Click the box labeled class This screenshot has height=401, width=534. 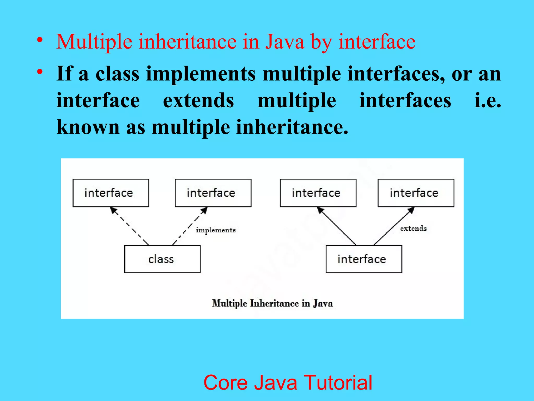point(162,259)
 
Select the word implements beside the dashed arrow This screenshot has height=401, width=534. point(216,230)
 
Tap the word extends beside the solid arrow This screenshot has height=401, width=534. point(413,228)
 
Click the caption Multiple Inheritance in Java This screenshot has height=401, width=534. point(272,303)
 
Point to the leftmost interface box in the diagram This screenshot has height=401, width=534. point(111,193)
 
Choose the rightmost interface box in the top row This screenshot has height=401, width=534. point(416,193)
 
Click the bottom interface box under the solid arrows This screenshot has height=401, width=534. point(364,259)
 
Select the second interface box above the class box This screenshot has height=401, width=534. point(213,193)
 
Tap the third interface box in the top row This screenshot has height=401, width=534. point(318,193)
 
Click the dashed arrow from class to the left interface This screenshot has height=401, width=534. point(130,226)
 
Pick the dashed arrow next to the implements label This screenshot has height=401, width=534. point(190,226)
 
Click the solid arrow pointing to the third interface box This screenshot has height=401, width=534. point(336,226)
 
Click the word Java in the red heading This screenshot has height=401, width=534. point(285,42)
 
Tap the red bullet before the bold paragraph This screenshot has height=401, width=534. point(40,72)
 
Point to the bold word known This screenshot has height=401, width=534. point(88,127)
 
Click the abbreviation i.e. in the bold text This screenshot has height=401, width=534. point(488,101)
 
